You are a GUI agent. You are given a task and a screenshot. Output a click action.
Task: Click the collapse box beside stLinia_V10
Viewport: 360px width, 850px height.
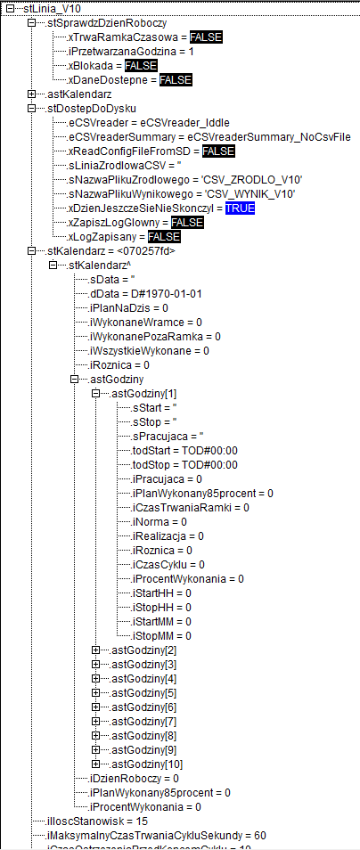point(9,9)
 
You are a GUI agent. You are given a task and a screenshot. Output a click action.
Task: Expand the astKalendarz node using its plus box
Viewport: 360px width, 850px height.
point(31,94)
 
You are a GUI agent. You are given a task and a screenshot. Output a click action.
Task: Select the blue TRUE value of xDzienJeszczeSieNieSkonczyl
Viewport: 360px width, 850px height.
point(241,208)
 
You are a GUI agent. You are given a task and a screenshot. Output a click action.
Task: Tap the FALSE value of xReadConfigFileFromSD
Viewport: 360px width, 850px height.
point(218,151)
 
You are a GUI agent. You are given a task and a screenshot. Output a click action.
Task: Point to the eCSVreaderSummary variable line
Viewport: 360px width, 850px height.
point(209,136)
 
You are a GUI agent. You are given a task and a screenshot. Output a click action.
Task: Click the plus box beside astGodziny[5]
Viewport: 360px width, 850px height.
point(96,693)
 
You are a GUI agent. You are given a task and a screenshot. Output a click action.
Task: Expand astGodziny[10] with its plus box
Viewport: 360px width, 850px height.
point(96,764)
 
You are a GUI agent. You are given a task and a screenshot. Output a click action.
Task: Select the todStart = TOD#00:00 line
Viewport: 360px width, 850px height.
point(184,451)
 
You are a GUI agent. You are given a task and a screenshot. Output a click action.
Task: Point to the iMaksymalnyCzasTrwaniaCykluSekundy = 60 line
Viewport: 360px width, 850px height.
point(156,836)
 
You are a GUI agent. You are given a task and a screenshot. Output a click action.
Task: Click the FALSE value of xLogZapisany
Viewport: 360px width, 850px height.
point(164,237)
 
